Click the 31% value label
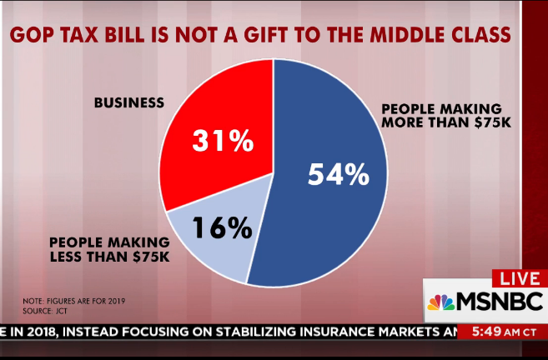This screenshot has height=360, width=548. [x=222, y=141]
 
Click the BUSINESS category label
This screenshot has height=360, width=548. [x=129, y=103]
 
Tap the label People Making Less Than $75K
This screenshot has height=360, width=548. [x=110, y=250]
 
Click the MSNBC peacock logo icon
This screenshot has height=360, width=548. [x=440, y=301]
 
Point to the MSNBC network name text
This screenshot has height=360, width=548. [x=498, y=301]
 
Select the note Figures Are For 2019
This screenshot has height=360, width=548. [x=78, y=300]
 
